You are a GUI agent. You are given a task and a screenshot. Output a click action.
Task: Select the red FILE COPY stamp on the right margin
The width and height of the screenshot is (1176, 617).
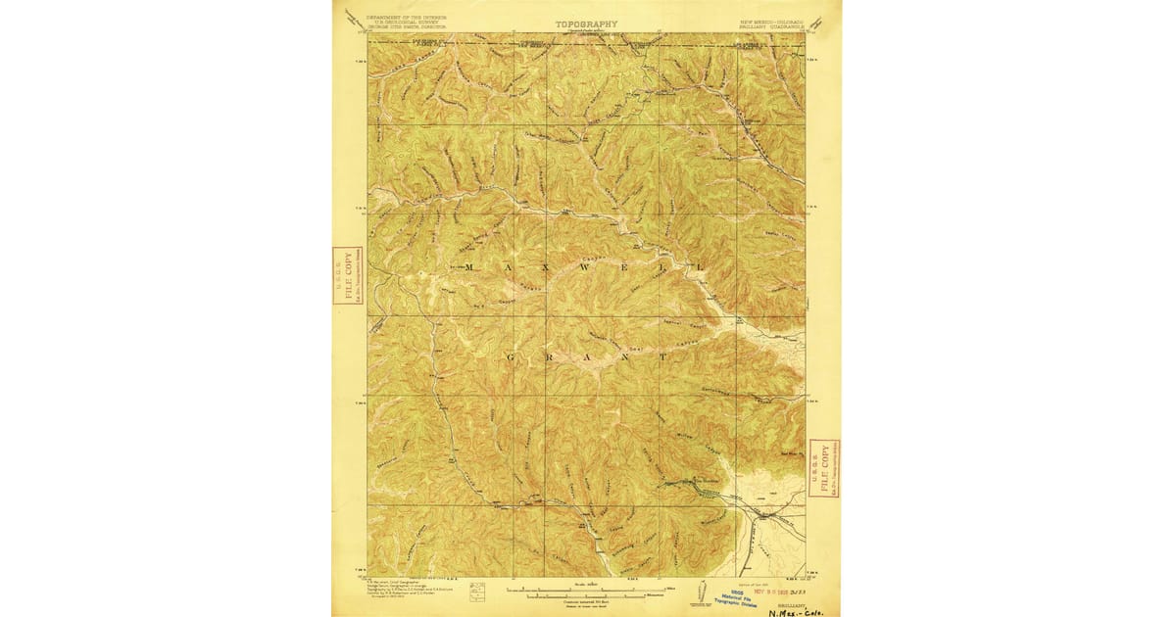[x=824, y=468]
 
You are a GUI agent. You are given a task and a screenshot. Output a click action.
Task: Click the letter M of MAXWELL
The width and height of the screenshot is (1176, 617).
[x=469, y=266]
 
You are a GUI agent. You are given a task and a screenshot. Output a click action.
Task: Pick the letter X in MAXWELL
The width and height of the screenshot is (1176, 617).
[x=544, y=266]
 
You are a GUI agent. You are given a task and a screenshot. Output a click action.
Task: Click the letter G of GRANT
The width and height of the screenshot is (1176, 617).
[x=510, y=357]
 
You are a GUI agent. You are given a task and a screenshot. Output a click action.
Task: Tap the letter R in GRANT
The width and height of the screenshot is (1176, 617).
[x=549, y=357]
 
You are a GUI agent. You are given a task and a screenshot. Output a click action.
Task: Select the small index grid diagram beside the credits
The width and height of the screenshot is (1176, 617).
[x=478, y=591]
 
